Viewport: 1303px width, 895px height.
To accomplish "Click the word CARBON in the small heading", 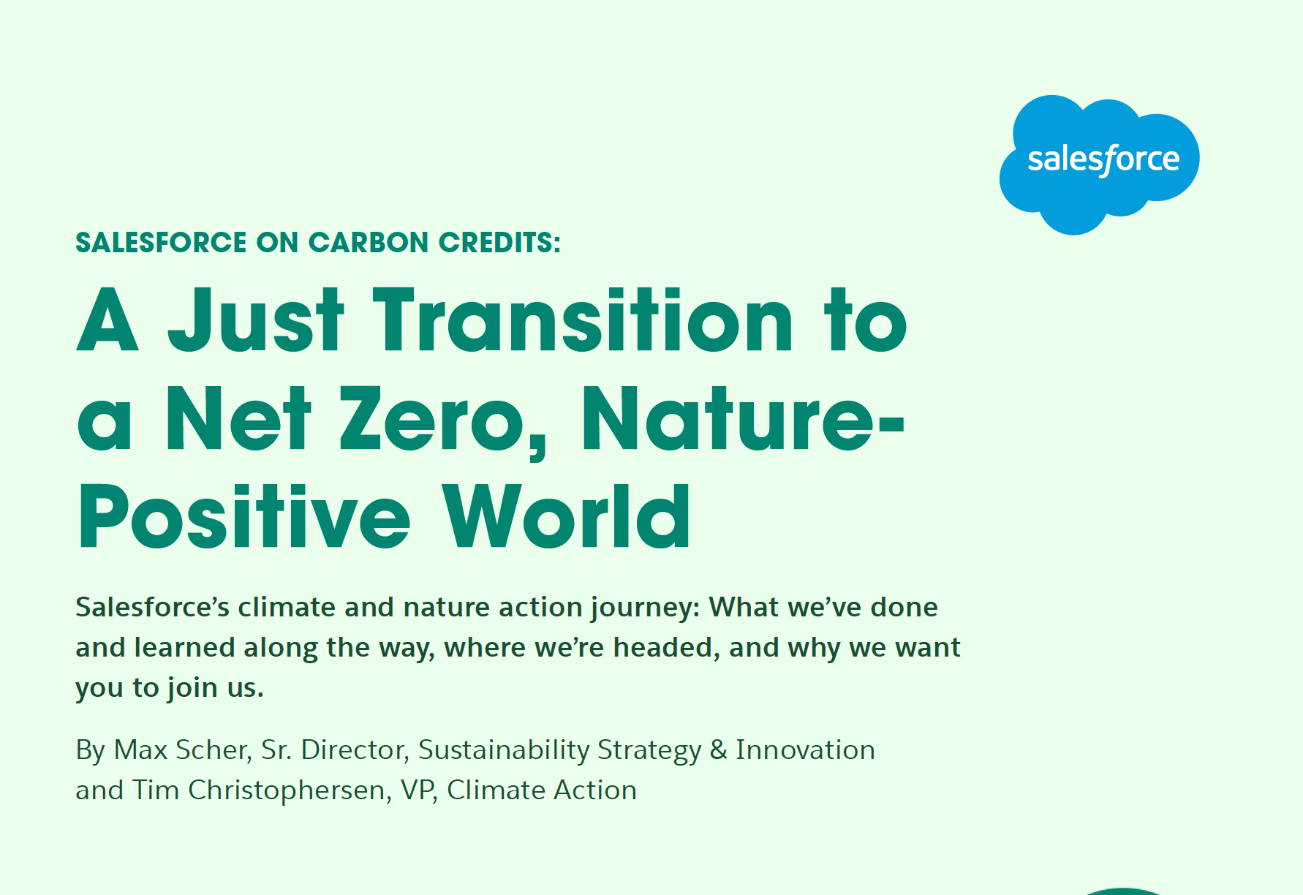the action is point(368,243).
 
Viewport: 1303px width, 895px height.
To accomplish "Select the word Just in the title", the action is point(255,319).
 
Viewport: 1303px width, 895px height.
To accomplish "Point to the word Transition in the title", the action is point(583,319).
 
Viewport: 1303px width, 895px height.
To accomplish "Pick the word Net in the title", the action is point(238,418).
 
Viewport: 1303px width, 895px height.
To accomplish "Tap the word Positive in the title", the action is point(243,516).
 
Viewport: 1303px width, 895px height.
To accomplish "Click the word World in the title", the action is point(567,516).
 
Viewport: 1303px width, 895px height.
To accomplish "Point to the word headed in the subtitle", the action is point(666,648).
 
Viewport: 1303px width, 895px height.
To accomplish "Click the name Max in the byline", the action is point(141,750).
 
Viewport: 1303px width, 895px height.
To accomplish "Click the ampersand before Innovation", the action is point(719,750).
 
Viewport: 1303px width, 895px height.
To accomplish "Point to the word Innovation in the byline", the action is point(805,750).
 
